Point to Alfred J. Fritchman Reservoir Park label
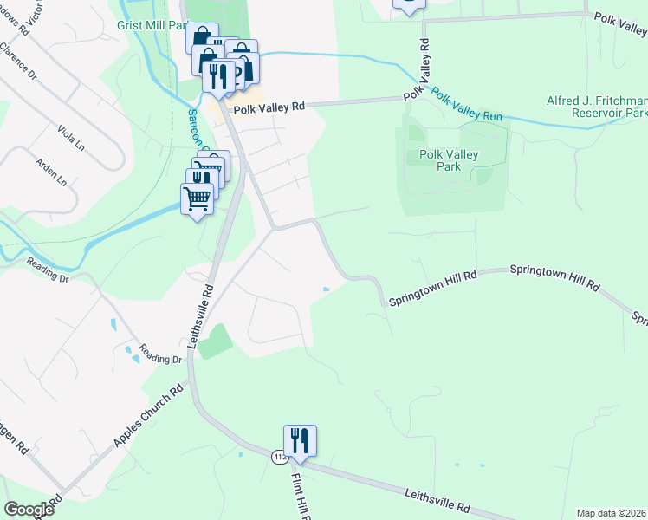point(597,107)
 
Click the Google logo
point(29,510)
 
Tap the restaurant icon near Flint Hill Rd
point(300,440)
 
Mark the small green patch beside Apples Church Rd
point(216,341)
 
